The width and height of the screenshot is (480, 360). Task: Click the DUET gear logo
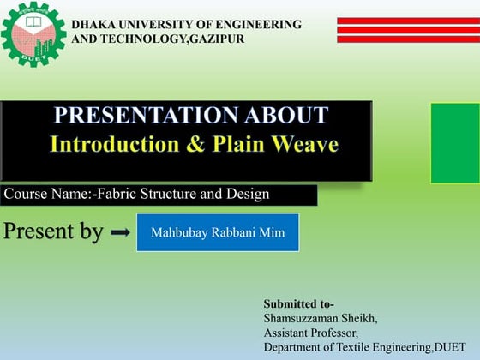point(33,33)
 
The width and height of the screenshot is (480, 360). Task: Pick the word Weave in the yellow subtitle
point(304,143)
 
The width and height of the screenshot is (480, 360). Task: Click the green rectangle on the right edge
point(454,143)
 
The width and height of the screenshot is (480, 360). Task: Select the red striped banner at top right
point(407,29)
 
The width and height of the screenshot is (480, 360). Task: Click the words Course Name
point(44,195)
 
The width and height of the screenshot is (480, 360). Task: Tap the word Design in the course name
point(248,195)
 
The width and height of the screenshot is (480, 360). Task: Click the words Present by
point(53,231)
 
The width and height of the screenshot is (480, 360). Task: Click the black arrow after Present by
point(121,232)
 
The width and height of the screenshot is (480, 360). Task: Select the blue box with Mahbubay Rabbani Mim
point(218,232)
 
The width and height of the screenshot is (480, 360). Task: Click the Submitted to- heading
point(298,304)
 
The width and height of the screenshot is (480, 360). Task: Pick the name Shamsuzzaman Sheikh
point(320,318)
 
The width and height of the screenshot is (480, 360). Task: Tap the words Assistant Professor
point(311,333)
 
